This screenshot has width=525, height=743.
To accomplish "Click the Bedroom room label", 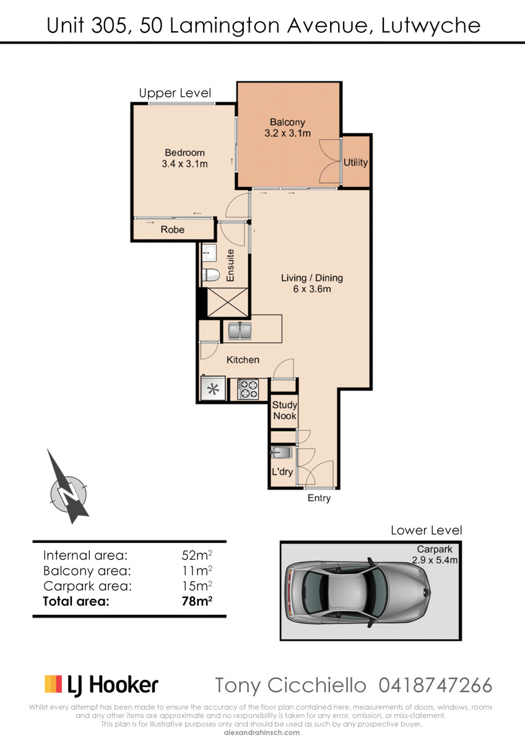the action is click(184, 152).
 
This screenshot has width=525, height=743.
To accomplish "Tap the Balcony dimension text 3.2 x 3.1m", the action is click(287, 133).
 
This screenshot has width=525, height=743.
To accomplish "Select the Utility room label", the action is click(355, 162).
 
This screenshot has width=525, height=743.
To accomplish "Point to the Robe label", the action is click(173, 230).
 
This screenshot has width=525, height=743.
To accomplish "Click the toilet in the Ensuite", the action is click(211, 275).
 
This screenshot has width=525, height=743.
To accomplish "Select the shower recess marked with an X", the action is click(227, 302).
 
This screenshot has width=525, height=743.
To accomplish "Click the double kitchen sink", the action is click(240, 331).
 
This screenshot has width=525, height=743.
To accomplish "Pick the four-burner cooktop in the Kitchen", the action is click(248, 389).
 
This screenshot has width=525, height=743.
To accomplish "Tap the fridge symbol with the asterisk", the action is click(213, 388).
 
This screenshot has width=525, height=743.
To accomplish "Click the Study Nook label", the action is click(285, 411).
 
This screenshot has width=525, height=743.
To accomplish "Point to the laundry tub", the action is click(281, 452).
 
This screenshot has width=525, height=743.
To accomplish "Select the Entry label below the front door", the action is click(319, 498).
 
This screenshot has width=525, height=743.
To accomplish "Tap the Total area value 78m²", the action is click(197, 601).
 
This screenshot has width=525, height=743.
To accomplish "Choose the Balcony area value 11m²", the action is click(197, 570).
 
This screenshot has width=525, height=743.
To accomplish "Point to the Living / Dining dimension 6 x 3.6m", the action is click(312, 289).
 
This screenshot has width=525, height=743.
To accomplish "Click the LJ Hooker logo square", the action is click(53, 684).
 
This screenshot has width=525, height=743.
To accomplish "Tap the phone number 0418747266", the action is click(435, 685).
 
